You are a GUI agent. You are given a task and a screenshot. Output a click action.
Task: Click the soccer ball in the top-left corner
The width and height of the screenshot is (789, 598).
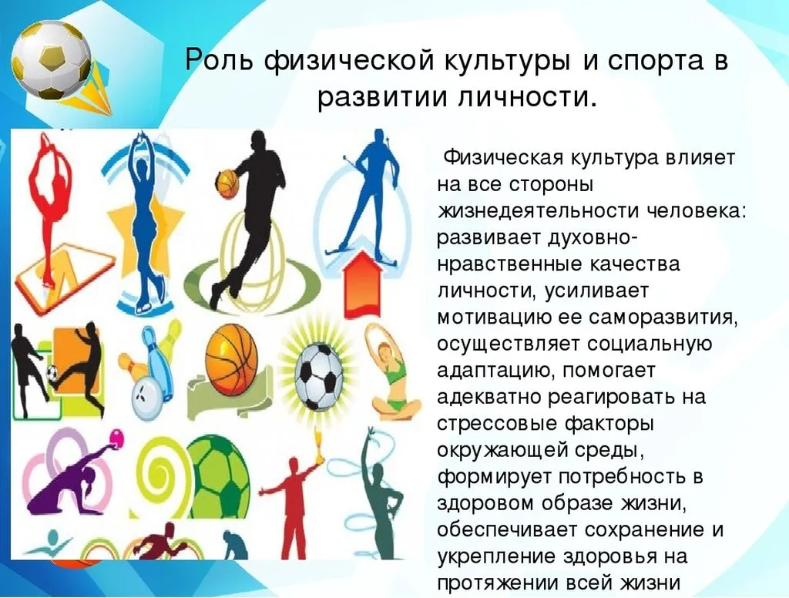51,59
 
